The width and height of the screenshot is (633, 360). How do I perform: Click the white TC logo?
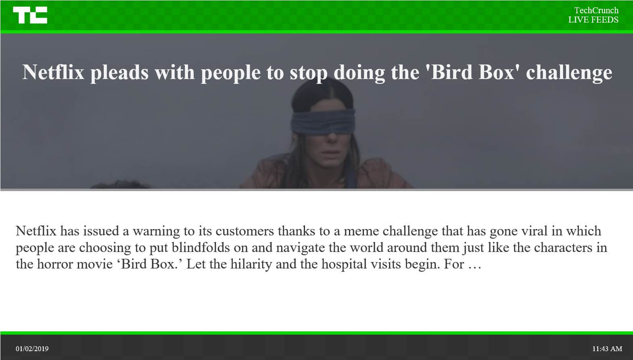(30, 15)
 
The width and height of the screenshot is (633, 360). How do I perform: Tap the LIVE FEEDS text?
(593, 20)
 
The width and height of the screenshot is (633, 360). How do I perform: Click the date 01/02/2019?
(32, 349)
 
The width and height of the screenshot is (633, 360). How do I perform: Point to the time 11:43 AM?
(607, 349)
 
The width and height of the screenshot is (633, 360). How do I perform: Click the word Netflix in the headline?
(53, 72)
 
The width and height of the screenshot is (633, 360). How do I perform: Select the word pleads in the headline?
(119, 73)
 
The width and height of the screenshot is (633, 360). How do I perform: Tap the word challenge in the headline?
(569, 73)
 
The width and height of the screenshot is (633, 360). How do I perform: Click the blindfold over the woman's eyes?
(323, 122)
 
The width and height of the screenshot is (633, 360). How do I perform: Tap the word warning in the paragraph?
(156, 231)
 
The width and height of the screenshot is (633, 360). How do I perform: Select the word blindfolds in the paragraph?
(201, 248)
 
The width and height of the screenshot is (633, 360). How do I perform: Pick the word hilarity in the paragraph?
(251, 264)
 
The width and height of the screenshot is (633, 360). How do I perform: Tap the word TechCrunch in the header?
(596, 10)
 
